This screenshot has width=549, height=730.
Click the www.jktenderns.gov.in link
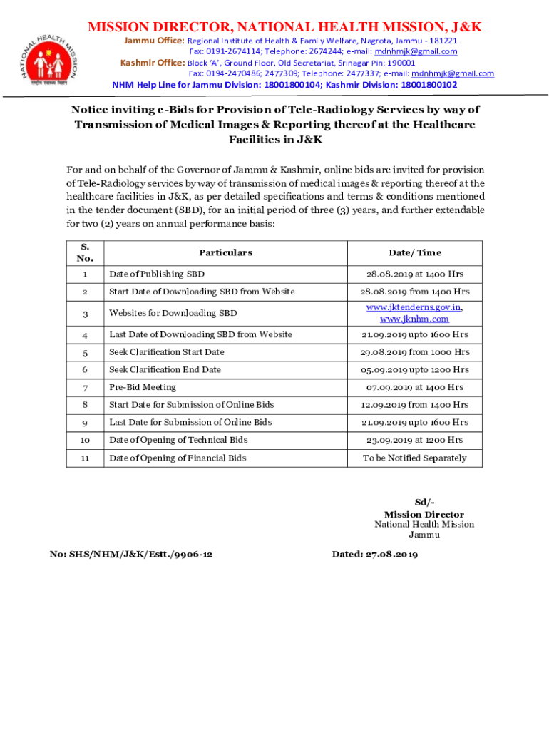pos(414,307)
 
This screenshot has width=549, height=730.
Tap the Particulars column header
pos(225,252)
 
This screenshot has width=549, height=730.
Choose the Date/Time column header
pos(414,252)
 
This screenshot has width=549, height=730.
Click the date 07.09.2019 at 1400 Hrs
pos(414,387)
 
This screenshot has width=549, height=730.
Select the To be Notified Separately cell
pos(414,458)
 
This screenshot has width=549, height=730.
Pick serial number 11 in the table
pos(85,458)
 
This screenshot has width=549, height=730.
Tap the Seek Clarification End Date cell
pos(165,369)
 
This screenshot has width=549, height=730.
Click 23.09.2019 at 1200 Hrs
pos(414,440)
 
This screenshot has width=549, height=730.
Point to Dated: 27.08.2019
pos(375,554)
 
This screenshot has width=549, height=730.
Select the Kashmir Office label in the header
pos(153,63)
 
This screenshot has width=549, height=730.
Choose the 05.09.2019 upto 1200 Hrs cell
pos(414,369)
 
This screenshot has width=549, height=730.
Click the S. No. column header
pos(85,252)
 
